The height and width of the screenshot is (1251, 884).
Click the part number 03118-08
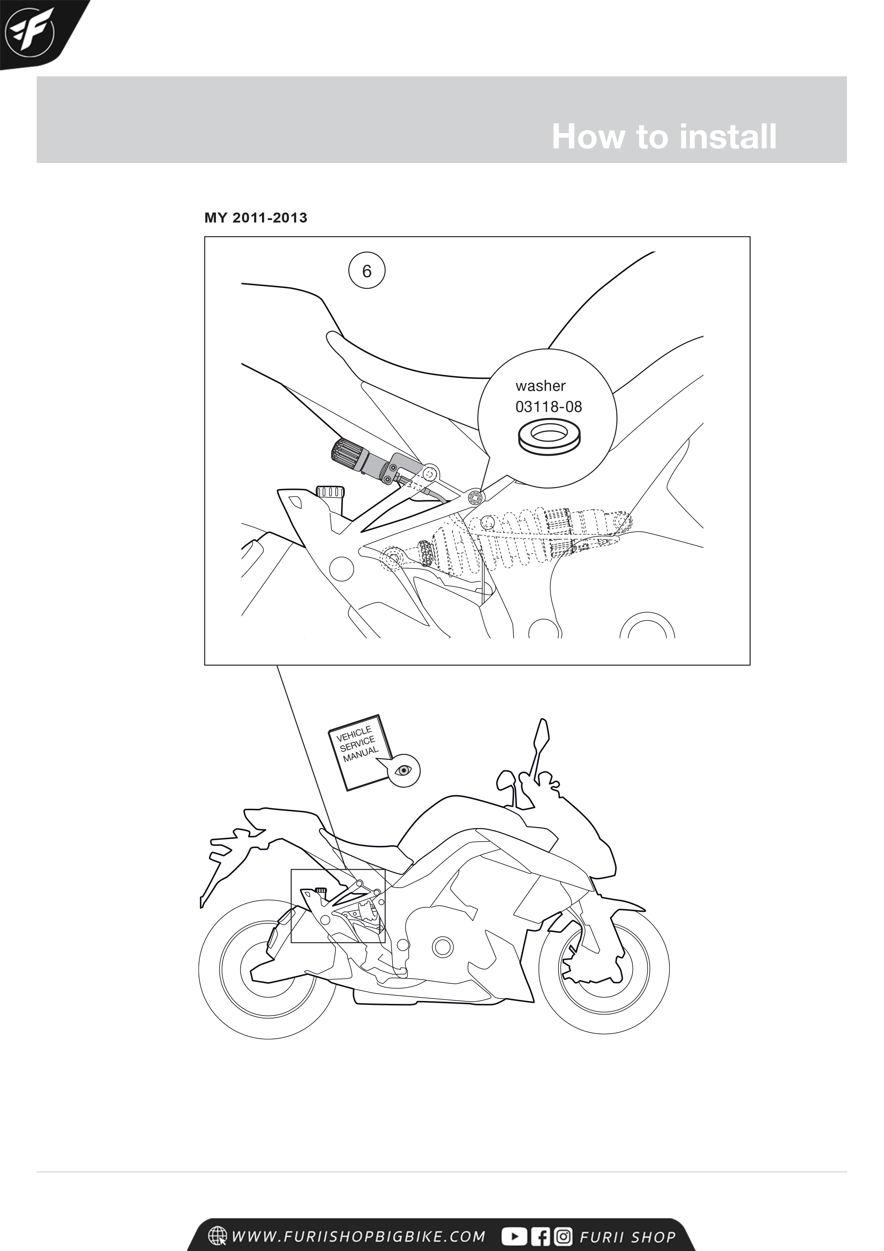(x=549, y=407)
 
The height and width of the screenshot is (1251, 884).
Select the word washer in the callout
(x=540, y=386)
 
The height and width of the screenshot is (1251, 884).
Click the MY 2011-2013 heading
(x=256, y=218)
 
